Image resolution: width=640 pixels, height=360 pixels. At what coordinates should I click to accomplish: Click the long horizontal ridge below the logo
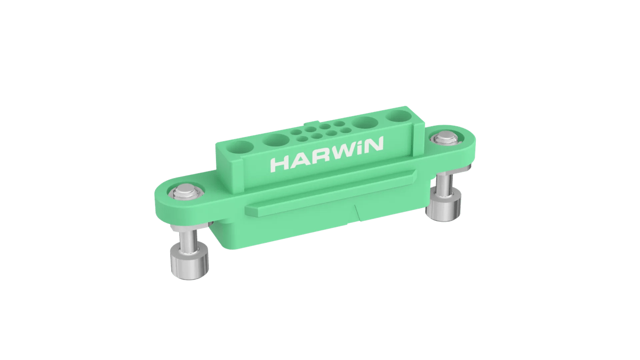(x=331, y=192)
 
